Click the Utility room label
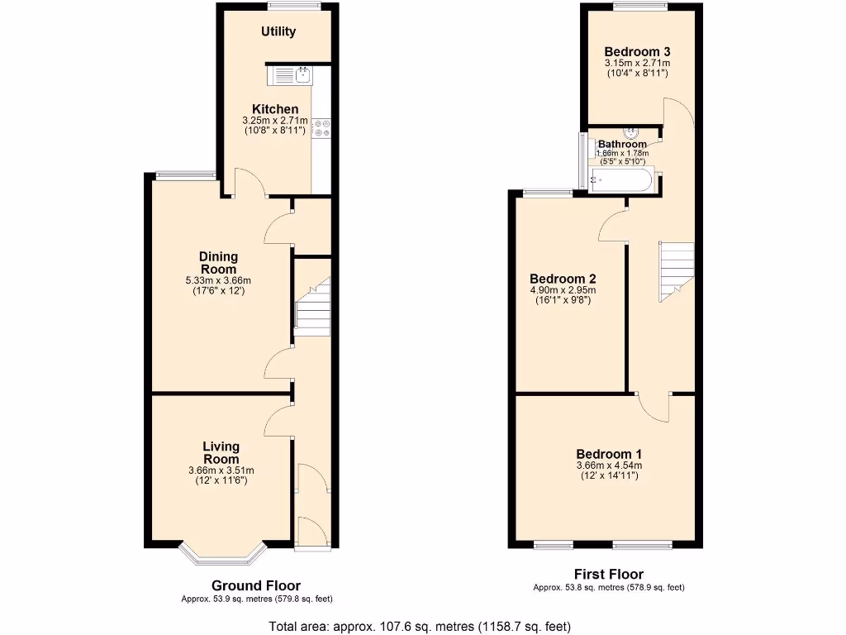278,32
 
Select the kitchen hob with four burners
321,128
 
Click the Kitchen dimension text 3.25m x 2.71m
275,121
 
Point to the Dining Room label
219,263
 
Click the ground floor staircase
313,308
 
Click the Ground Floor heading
256,585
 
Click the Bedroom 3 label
636,51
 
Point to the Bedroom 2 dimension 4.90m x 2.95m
563,290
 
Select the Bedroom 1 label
609,454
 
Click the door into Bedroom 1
653,405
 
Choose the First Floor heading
608,574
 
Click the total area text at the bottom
421,626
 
